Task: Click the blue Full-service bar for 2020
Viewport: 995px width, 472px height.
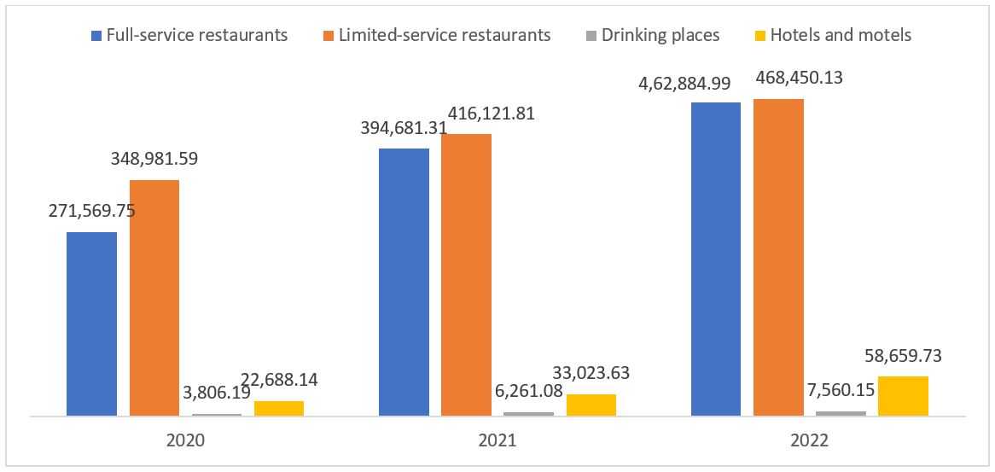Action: tap(91, 324)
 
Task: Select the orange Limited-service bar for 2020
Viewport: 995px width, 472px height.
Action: tap(154, 298)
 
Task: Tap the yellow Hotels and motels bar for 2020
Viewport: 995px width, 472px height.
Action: tap(279, 408)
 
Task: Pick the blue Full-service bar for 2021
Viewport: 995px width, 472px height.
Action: tap(404, 283)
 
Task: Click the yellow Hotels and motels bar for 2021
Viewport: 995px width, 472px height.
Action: tap(591, 405)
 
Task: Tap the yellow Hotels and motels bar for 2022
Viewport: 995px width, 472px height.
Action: tap(903, 396)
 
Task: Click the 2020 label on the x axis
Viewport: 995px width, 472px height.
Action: tap(185, 441)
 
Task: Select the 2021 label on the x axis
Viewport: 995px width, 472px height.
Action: tap(497, 441)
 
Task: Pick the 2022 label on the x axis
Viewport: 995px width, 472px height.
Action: tap(809, 441)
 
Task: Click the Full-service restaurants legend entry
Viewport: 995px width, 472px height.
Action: tap(189, 35)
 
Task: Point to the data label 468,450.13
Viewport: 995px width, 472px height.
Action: tap(777, 78)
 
